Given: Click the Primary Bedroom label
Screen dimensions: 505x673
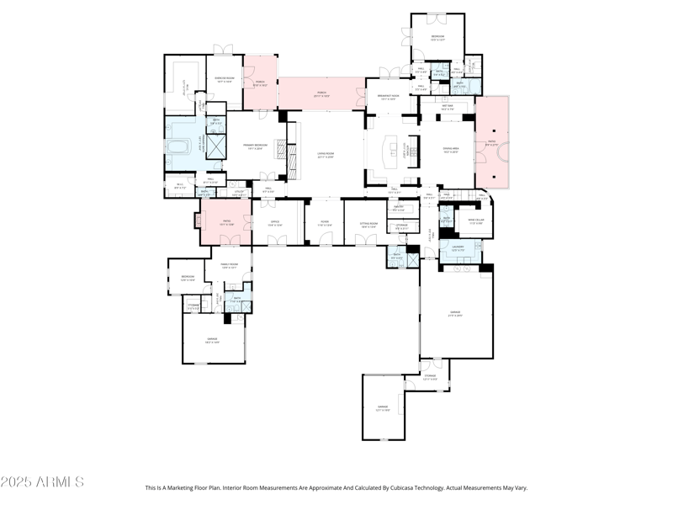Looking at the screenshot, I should tap(261, 147).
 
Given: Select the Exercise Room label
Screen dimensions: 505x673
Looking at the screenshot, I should tap(224, 79).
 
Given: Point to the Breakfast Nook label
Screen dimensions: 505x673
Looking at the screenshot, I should tap(388, 98).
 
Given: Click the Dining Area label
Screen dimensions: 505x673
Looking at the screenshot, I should tap(451, 151).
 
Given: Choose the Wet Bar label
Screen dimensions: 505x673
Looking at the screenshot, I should tap(448, 108).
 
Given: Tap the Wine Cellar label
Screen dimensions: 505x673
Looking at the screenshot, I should tap(476, 221).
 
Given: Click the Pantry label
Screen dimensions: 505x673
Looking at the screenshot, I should tap(399, 209).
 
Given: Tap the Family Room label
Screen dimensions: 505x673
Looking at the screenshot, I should tap(230, 266).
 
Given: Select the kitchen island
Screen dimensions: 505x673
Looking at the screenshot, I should tap(390, 151).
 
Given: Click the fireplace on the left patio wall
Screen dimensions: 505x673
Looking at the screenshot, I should tap(199, 221).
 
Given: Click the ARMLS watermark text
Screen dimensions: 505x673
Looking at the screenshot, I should tap(42, 482).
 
